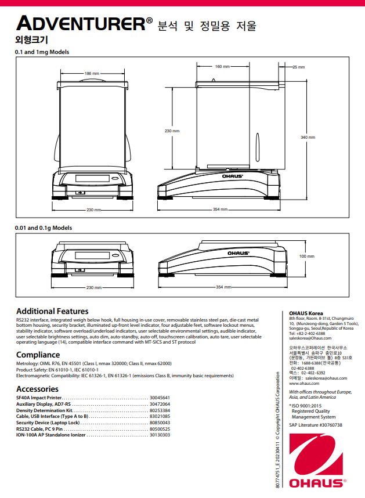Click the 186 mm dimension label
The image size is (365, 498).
click(x=92, y=74)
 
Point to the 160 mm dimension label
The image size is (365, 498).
click(x=222, y=67)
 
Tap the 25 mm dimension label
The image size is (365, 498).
click(x=298, y=67)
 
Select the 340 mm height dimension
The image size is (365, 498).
click(x=308, y=138)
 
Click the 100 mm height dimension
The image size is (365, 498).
click(x=306, y=256)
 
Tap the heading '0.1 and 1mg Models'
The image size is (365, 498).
click(x=42, y=52)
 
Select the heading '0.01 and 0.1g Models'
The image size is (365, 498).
click(x=44, y=228)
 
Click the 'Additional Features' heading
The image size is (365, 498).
click(x=52, y=312)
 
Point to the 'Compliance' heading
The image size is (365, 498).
click(x=38, y=355)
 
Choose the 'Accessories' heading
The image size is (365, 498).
click(x=37, y=389)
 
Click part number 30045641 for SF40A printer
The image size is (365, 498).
click(x=160, y=398)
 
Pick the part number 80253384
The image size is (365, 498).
click(x=160, y=410)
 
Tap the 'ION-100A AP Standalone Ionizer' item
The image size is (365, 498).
click(x=52, y=435)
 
